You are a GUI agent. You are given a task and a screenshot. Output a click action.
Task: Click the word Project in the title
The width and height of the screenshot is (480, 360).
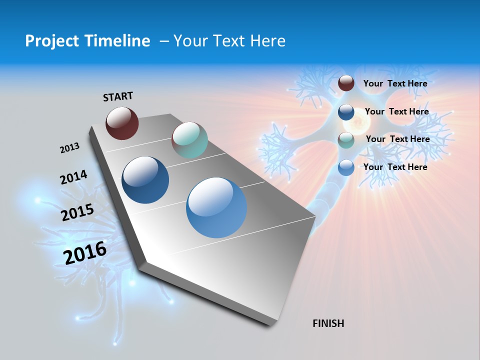pyautogui.click(x=48, y=41)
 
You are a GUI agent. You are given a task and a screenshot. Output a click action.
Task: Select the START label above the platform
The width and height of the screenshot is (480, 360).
pyautogui.click(x=118, y=96)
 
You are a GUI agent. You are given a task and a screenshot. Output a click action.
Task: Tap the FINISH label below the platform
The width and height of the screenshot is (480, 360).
pyautogui.click(x=328, y=323)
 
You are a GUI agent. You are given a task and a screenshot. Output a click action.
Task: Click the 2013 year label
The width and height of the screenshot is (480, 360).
pyautogui.click(x=69, y=148)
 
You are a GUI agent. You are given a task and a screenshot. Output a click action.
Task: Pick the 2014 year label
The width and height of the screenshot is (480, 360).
pyautogui.click(x=73, y=177)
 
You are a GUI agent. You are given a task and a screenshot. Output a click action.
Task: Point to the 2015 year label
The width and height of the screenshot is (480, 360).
pyautogui.click(x=77, y=212)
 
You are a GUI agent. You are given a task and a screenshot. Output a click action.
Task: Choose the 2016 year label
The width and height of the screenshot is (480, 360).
pyautogui.click(x=85, y=252)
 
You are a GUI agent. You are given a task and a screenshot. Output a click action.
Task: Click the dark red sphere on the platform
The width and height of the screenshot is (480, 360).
pyautogui.click(x=122, y=123)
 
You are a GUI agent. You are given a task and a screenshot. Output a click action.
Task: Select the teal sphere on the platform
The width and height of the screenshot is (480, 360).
pyautogui.click(x=189, y=140)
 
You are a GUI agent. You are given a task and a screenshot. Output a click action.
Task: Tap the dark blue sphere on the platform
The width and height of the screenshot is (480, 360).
pyautogui.click(x=145, y=180)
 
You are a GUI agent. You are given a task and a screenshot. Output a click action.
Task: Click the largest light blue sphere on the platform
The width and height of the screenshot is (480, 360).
pyautogui.click(x=216, y=207)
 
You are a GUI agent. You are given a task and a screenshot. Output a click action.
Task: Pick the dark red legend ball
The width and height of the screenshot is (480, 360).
pyautogui.click(x=346, y=83)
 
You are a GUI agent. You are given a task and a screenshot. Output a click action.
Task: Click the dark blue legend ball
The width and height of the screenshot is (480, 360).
pyautogui.click(x=346, y=112)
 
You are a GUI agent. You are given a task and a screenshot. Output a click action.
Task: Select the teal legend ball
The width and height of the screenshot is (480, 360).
pyautogui.click(x=346, y=140)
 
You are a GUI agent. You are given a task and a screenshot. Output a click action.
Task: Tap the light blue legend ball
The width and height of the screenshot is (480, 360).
pyautogui.click(x=346, y=168)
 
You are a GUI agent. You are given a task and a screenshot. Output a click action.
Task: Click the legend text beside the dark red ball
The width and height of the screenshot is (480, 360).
pyautogui.click(x=395, y=83)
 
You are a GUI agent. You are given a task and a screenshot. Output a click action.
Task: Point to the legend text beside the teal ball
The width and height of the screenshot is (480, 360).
pyautogui.click(x=397, y=139)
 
